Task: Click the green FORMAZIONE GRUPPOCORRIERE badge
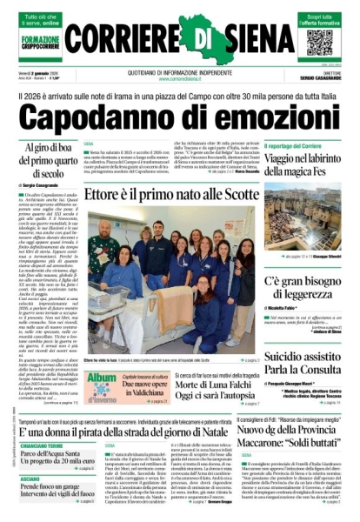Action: (39, 42)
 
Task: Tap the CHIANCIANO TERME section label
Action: (37, 445)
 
